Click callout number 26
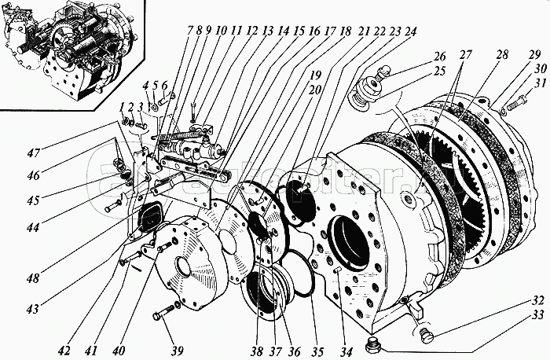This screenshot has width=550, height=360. coord(438,57)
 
